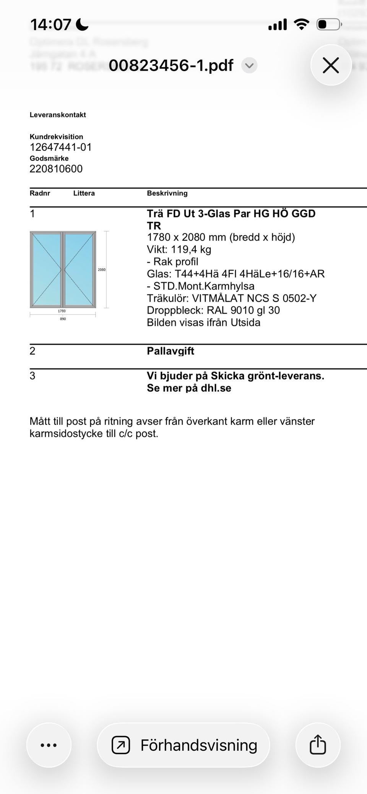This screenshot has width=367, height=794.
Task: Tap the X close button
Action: coord(331,65)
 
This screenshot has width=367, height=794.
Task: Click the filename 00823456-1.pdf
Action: coord(171,65)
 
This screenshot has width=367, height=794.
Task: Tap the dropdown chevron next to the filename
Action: coord(249,65)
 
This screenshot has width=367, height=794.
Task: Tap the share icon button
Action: coord(318,745)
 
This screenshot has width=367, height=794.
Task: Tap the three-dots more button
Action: coord(49,745)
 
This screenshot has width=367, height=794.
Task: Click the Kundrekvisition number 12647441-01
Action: coord(61,147)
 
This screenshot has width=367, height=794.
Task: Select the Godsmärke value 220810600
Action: coord(56,169)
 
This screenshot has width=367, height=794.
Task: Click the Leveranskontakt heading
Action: coord(58,115)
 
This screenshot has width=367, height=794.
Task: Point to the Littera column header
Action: coord(84,193)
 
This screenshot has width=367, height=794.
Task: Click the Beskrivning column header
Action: coord(167,193)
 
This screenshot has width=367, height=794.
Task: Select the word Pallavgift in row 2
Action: coord(171,351)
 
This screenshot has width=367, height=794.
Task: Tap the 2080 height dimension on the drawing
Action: coord(102,270)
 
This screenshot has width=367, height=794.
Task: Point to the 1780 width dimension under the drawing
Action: coord(62,311)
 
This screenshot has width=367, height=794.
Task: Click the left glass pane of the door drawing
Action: coord(46,269)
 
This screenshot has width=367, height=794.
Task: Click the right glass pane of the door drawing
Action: coord(79,269)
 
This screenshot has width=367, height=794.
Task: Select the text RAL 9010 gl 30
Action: coord(243,310)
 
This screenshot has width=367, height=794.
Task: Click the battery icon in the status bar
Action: coord(328,25)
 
